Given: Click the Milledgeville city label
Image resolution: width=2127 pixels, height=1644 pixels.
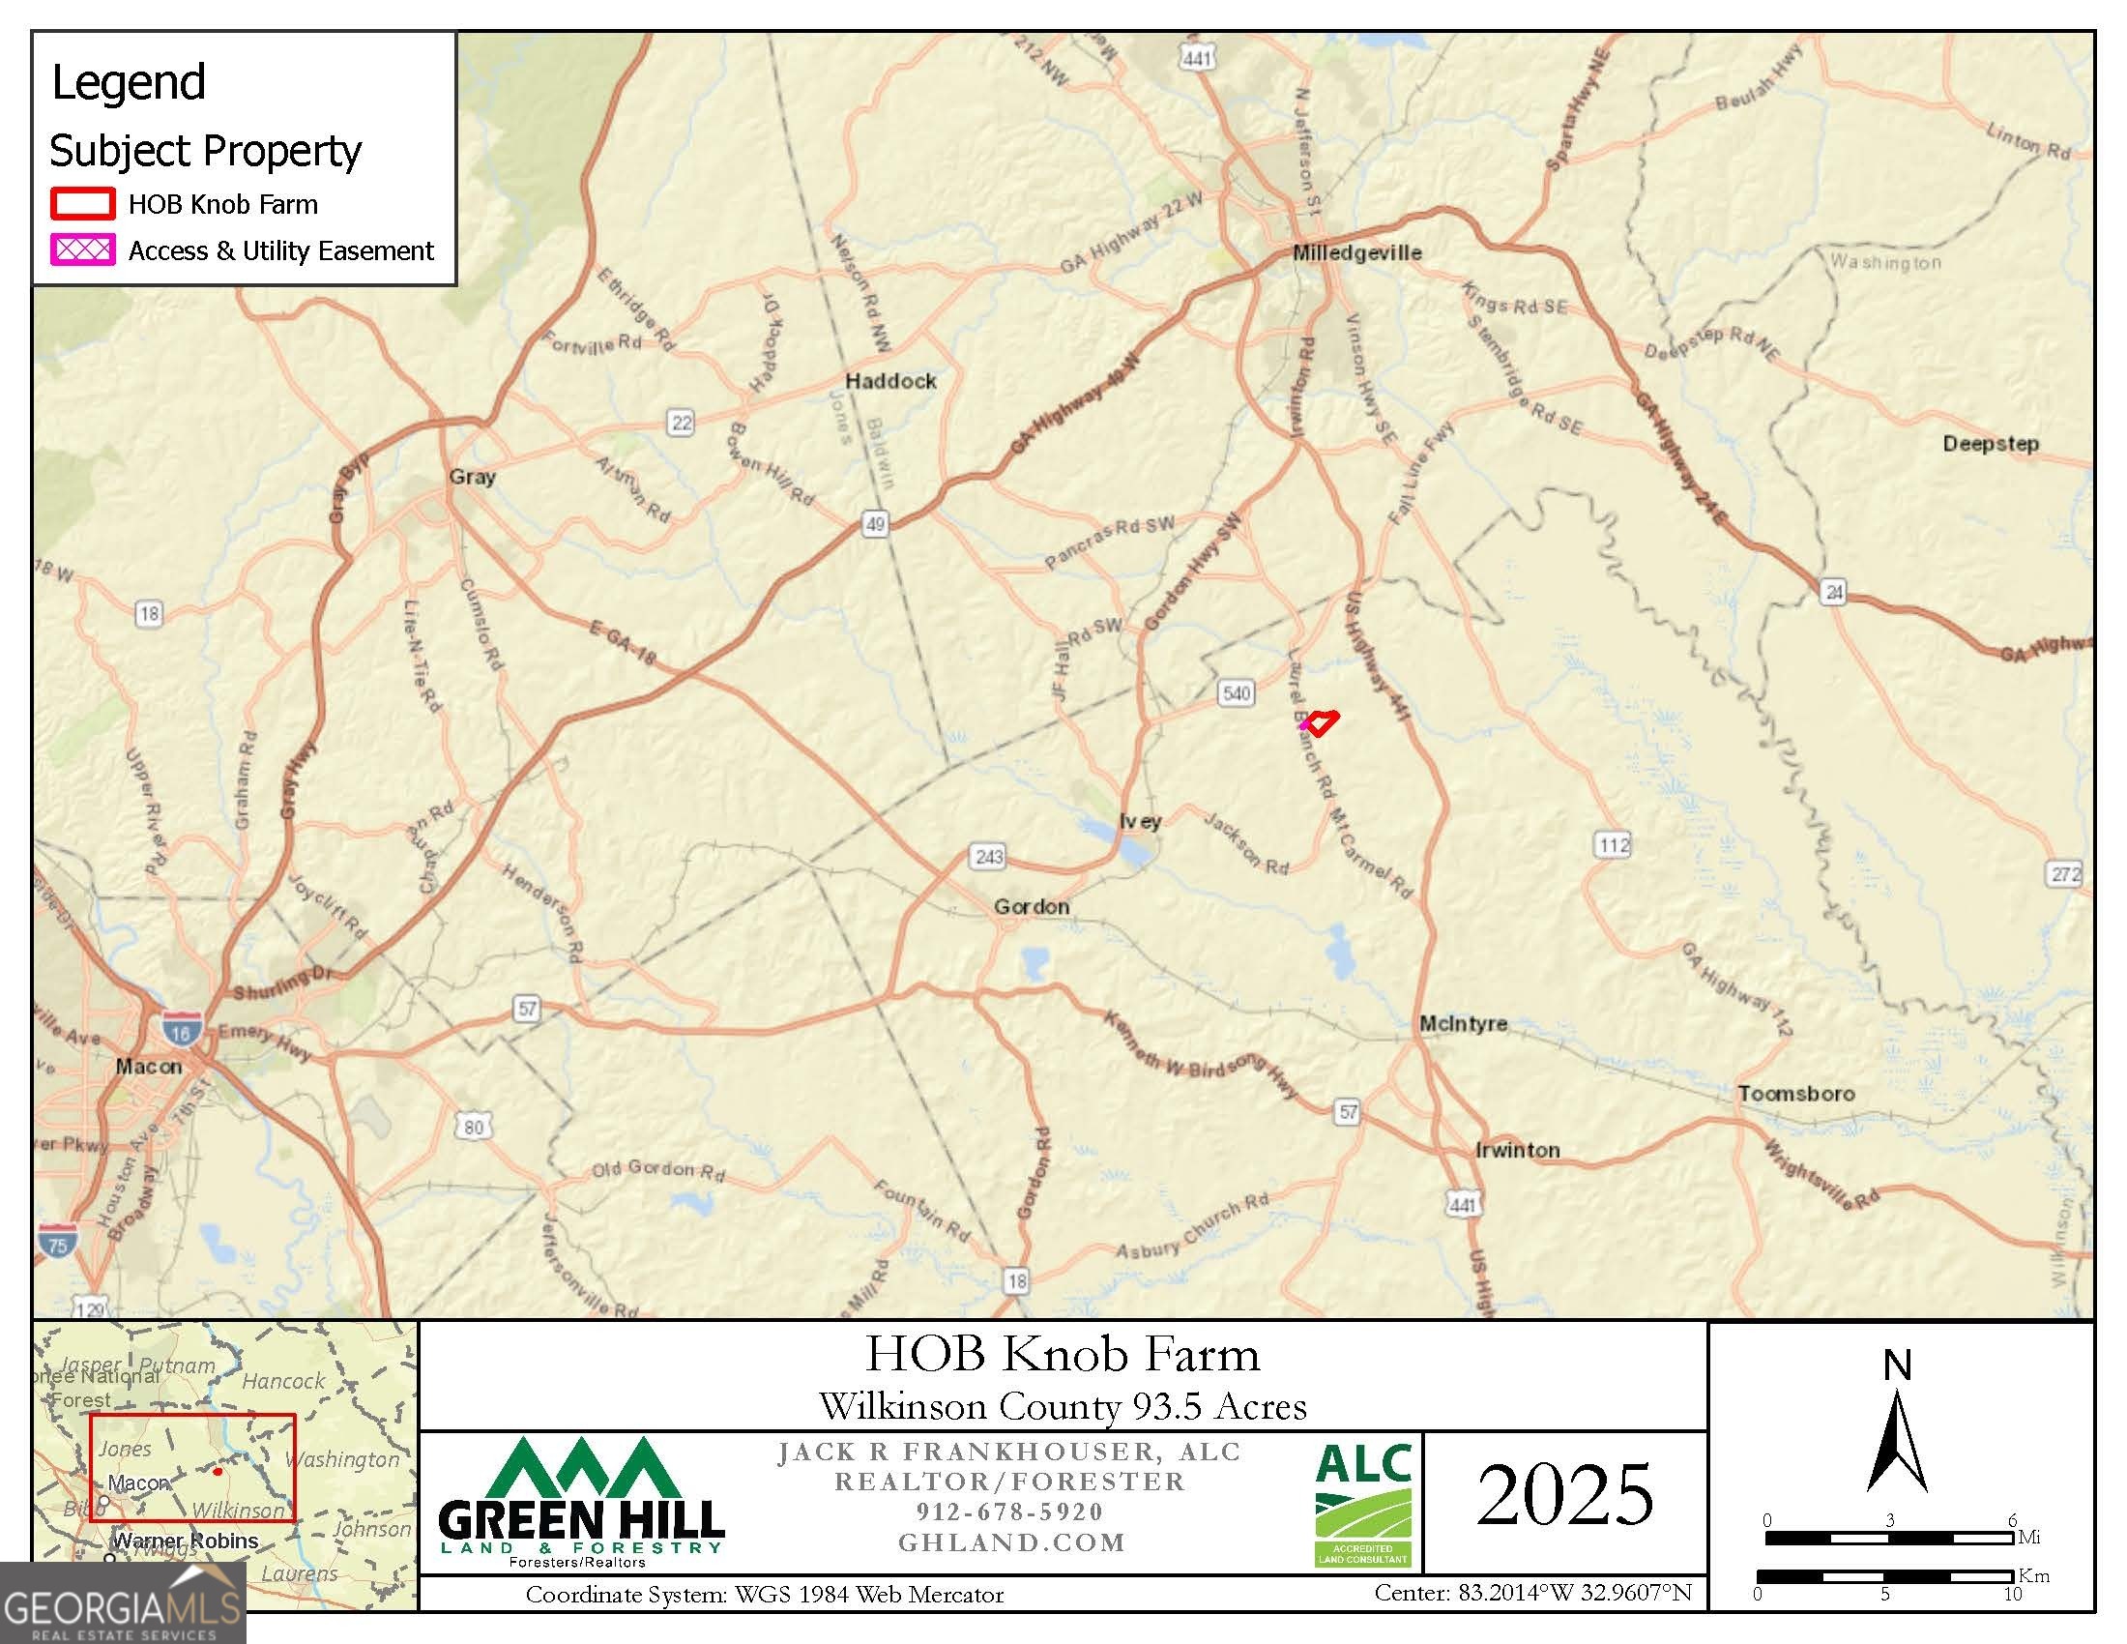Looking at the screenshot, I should coord(1356,252).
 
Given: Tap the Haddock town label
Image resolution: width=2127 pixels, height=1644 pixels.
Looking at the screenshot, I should coord(890,381).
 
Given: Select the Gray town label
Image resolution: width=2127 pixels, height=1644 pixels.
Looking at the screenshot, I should coord(473,476).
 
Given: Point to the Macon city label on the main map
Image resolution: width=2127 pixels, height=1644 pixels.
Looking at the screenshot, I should coord(148,1067).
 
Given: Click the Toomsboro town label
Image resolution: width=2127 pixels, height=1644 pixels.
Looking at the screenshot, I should coord(1796,1094).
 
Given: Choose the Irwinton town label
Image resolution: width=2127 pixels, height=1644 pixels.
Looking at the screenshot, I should coord(1517,1150).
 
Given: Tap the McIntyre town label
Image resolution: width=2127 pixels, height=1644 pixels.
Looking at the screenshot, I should coord(1463,1023).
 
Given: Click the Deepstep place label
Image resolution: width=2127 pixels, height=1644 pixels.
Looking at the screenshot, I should coord(1990,443).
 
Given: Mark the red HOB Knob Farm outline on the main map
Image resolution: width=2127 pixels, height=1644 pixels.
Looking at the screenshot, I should coord(1321,722).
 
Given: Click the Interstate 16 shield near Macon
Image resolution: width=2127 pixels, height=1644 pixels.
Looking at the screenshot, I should coord(182,1030).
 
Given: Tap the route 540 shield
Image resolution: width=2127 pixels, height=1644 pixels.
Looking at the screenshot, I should coord(1236,693).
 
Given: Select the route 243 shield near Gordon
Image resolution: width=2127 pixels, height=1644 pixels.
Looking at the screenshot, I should coord(988,857).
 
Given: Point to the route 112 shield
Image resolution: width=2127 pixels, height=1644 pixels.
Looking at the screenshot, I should coord(1613,844).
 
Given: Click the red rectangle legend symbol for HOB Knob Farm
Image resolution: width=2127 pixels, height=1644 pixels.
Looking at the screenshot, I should coord(83,203).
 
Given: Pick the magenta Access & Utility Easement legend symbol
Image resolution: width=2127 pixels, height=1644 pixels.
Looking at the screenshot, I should coord(83,250).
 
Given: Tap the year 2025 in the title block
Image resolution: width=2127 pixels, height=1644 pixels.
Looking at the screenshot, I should coord(1565,1496).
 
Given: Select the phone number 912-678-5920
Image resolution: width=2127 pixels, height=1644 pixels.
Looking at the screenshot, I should coord(1010,1512).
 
